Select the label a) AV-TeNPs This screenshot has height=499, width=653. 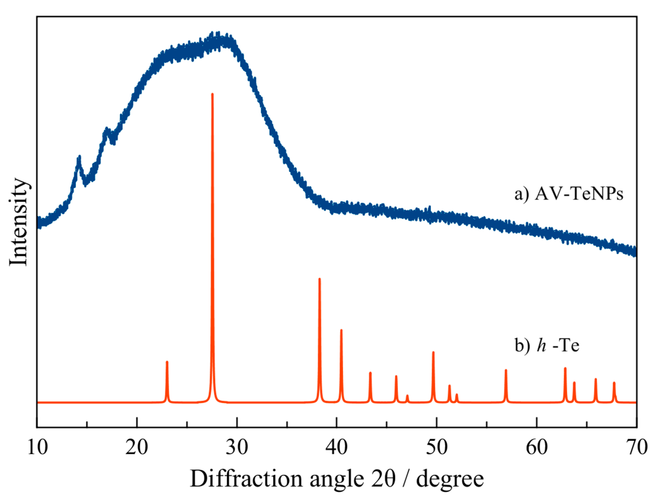pyautogui.click(x=569, y=194)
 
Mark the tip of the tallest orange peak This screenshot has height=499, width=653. pyautogui.click(x=212, y=94)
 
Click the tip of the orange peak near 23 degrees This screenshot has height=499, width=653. pyautogui.click(x=167, y=362)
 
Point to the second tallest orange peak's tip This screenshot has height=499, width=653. pyautogui.click(x=320, y=279)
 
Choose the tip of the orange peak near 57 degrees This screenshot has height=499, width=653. pyautogui.click(x=506, y=370)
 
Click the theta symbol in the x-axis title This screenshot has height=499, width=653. pyautogui.click(x=390, y=479)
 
